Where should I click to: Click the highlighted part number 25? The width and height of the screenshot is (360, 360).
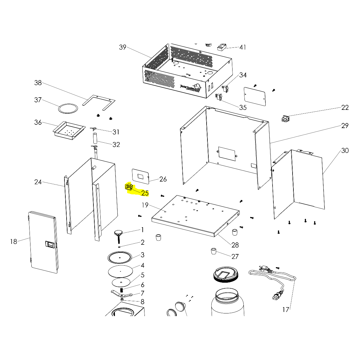coord(145,193)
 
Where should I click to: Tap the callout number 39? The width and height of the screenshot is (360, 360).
coord(123,47)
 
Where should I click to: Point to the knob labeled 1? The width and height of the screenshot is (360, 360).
coord(119,233)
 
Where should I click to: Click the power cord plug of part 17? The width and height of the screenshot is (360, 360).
coord(276,296)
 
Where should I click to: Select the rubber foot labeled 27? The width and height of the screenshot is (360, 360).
coord(213,251)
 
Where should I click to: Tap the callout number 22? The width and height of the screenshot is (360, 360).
coord(345,107)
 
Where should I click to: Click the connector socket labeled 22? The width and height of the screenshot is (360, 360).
coord(285,119)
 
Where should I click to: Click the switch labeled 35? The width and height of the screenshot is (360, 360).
coord(219,97)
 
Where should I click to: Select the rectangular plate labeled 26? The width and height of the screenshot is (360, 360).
coord(140,176)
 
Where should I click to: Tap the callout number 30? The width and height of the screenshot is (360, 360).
coord(345,150)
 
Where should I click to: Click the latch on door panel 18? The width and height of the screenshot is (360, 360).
coord(50,245)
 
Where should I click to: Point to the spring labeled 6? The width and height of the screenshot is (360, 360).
coord(122,290)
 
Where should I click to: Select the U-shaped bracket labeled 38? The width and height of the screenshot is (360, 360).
coord(99,102)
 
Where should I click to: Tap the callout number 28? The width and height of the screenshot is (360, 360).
coord(235,245)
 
